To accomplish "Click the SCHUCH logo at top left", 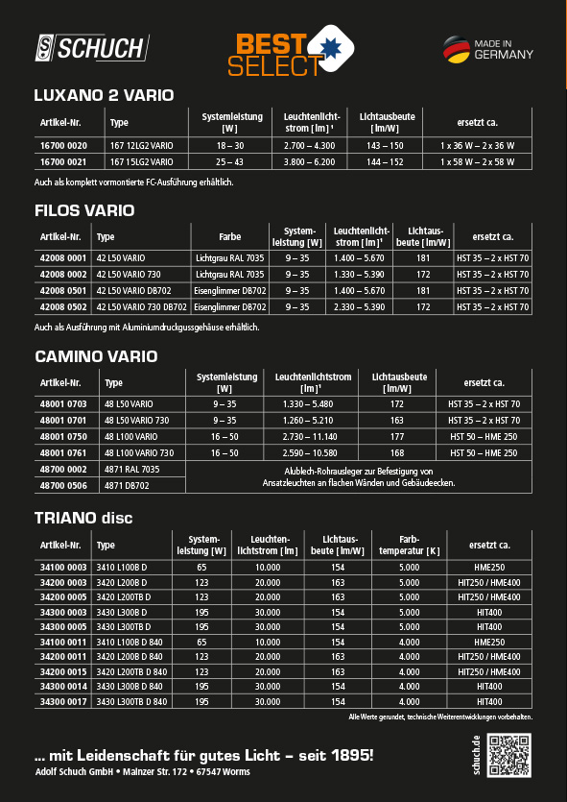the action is coord(91,48).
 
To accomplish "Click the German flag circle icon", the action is coord(456,49).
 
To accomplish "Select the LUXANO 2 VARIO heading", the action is coord(104,95).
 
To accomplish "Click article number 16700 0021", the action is coord(62,161).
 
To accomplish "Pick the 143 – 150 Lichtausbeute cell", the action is coord(385,145).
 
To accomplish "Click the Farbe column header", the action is coord(229,236).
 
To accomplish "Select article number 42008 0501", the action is coord(62,291).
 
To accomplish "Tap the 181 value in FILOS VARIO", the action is coord(423,258).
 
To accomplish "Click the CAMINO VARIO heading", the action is coord(96,356).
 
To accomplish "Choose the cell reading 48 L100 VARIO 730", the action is coord(139,452).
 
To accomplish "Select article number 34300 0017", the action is coord(62,702).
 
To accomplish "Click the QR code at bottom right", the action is coord(509,755).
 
